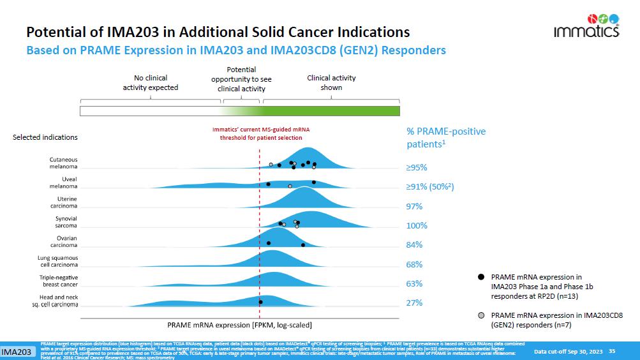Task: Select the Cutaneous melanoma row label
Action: click(x=64, y=163)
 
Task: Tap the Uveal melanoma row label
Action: click(x=64, y=183)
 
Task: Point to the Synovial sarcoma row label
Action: click(x=66, y=221)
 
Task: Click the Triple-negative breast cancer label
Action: click(x=59, y=280)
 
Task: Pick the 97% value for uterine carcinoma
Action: click(x=414, y=206)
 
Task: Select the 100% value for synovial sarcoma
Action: click(x=417, y=225)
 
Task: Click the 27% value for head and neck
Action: click(x=414, y=303)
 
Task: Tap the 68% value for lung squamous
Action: click(x=414, y=264)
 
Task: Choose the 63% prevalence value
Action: click(x=414, y=283)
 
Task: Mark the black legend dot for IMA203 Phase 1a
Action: click(x=480, y=277)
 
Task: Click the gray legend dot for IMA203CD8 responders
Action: click(x=480, y=315)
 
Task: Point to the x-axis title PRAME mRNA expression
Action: click(x=239, y=325)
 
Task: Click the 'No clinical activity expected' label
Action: click(x=151, y=83)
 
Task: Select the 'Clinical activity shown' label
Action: click(x=332, y=83)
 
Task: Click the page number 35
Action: click(x=612, y=351)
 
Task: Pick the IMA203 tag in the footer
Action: click(x=18, y=352)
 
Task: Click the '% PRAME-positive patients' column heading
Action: click(x=446, y=137)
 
